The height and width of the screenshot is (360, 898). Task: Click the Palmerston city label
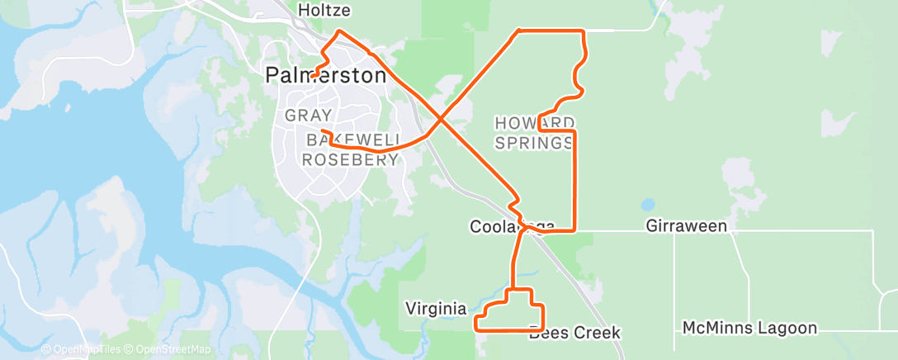click(325, 75)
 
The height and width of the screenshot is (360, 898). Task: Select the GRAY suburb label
click(309, 116)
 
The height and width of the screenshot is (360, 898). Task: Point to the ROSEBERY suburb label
click(351, 160)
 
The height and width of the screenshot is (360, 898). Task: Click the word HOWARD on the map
click(534, 123)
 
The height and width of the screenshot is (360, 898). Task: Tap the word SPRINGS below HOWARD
click(534, 144)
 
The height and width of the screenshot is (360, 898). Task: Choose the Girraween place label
click(686, 225)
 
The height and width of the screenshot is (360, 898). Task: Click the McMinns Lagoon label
click(749, 328)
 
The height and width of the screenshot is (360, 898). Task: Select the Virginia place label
click(436, 308)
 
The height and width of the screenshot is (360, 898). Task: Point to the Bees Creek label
click(575, 333)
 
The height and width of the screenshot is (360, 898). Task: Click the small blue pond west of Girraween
click(647, 203)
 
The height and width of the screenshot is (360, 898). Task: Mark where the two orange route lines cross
click(442, 121)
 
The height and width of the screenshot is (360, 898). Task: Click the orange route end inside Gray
click(323, 131)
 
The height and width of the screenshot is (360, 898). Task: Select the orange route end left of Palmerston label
click(314, 76)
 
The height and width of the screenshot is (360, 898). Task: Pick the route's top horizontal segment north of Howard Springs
click(551, 31)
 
